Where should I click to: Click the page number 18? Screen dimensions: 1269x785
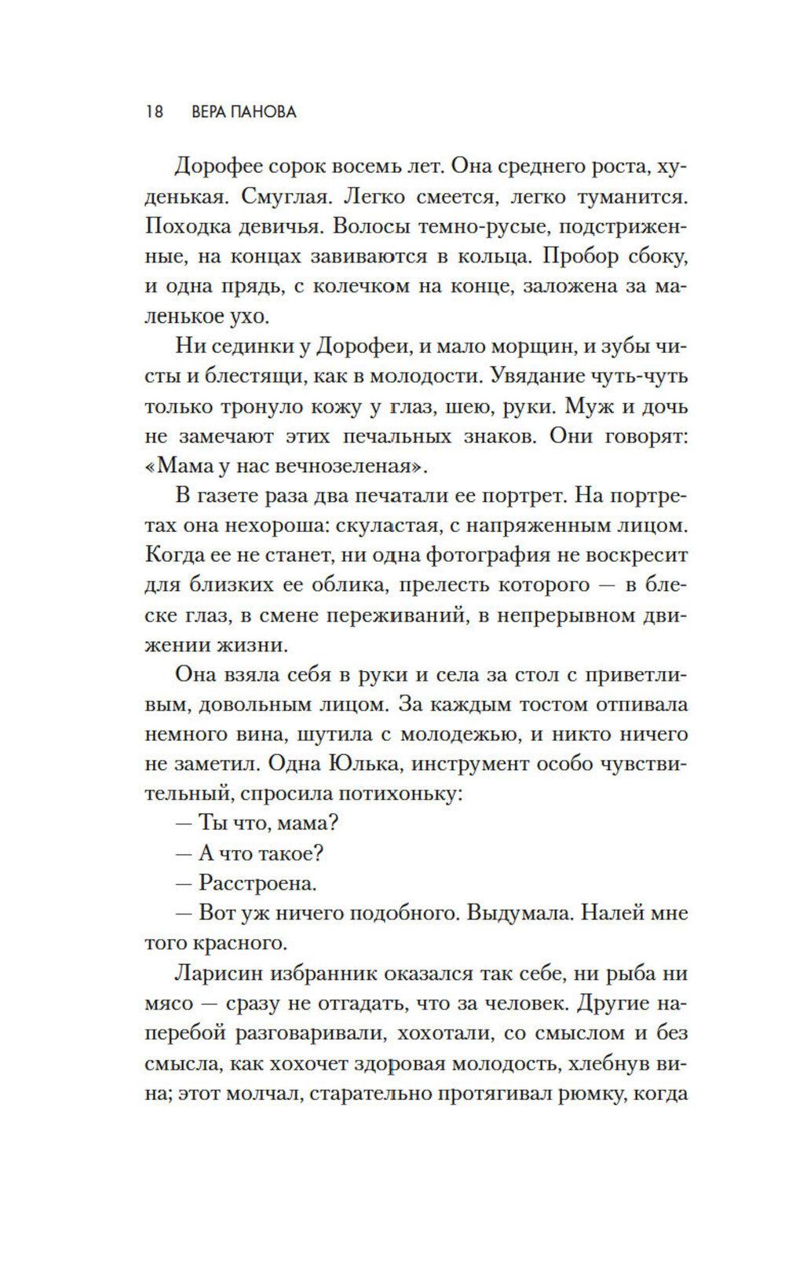click(x=153, y=112)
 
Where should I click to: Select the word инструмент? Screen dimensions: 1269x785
click(x=479, y=765)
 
